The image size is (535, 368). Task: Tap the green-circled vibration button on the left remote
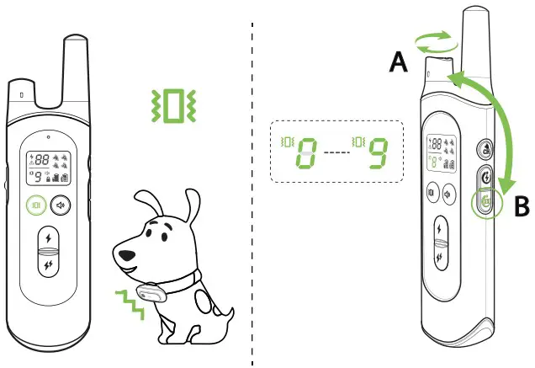tap(36, 204)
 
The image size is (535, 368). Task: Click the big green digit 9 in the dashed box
tap(379, 154)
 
